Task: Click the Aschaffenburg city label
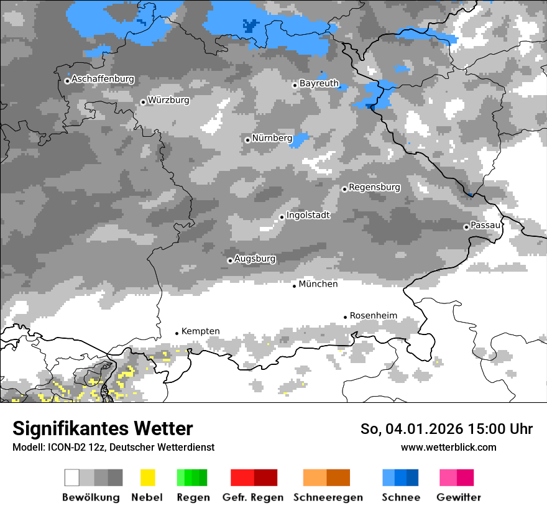pyautogui.click(x=103, y=79)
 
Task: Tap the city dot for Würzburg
pyautogui.click(x=143, y=102)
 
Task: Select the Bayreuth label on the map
pyautogui.click(x=319, y=83)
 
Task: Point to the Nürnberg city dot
pyautogui.click(x=247, y=140)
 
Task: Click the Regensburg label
pyautogui.click(x=374, y=187)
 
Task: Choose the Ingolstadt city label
pyautogui.click(x=308, y=216)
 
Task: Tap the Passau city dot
pyautogui.click(x=466, y=227)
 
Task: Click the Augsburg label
pyautogui.click(x=255, y=259)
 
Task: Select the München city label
pyautogui.click(x=318, y=284)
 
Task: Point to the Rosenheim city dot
pyautogui.click(x=345, y=317)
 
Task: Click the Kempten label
pyautogui.click(x=200, y=331)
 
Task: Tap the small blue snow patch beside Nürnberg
pyautogui.click(x=300, y=139)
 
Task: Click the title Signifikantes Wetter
pyautogui.click(x=103, y=429)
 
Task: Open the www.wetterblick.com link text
pyautogui.click(x=448, y=447)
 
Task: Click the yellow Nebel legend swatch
pyautogui.click(x=147, y=477)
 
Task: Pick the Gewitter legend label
pyautogui.click(x=458, y=497)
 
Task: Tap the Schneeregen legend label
pyautogui.click(x=328, y=497)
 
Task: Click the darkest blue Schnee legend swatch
pyautogui.click(x=413, y=477)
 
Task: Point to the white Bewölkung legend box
pyautogui.click(x=72, y=477)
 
